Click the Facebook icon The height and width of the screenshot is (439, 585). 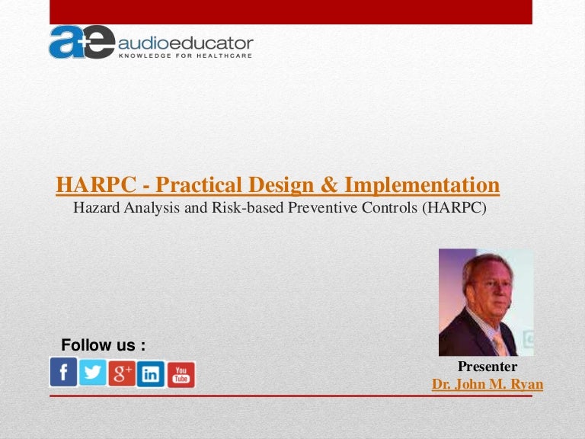[63, 372]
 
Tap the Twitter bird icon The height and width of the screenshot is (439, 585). [93, 372]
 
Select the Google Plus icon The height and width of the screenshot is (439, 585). [122, 373]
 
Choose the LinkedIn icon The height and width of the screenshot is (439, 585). [151, 374]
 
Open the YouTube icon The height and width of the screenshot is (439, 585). [181, 374]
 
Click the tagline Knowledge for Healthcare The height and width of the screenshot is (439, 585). [185, 55]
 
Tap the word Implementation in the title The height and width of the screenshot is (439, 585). [422, 184]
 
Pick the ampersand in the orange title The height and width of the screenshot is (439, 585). [329, 184]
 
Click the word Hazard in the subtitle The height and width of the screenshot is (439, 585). [95, 207]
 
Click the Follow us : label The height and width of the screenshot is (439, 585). [103, 345]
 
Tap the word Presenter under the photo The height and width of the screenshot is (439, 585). [487, 367]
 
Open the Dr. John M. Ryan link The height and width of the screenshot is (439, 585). [487, 384]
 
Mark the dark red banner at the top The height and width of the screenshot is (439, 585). [291, 11]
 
